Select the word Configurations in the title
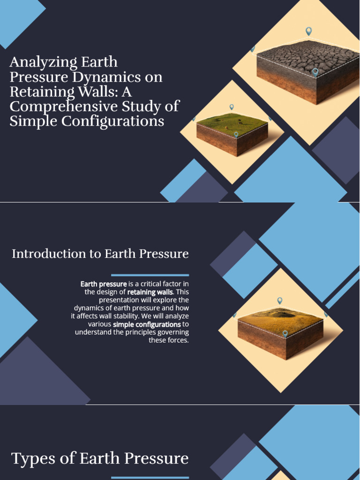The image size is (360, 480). (x=118, y=121)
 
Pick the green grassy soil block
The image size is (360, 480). (x=232, y=133)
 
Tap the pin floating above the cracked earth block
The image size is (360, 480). (x=308, y=31)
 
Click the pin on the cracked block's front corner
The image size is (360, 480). (x=315, y=72)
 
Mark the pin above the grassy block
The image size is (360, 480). (x=232, y=107)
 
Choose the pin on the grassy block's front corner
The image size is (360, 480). (x=236, y=135)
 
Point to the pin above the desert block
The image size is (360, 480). (x=280, y=300)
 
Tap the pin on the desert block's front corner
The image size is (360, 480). (x=285, y=333)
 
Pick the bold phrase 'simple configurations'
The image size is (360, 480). (x=147, y=324)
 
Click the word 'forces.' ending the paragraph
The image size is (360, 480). (x=178, y=340)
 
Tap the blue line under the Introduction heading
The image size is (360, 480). (x=150, y=275)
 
